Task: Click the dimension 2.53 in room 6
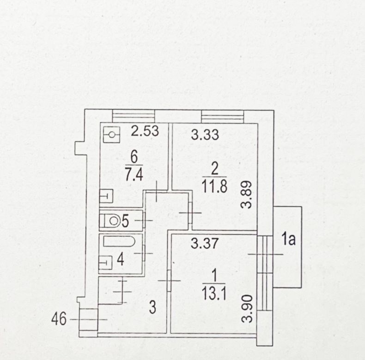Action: [145, 131]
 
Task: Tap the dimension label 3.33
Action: [205, 135]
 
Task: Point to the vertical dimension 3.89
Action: [246, 195]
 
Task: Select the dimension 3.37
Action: [204, 243]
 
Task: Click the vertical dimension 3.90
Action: [247, 309]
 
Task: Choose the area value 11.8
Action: [214, 186]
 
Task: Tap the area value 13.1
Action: [214, 294]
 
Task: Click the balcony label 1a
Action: [288, 240]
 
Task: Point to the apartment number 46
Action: [59, 319]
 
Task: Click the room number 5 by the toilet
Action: [125, 221]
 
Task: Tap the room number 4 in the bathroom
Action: [120, 260]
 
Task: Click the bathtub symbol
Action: [119, 241]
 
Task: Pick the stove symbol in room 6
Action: [111, 135]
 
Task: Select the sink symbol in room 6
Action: [106, 196]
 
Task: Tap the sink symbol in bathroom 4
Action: [105, 263]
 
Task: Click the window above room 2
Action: [222, 117]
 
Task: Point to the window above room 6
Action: [134, 116]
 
